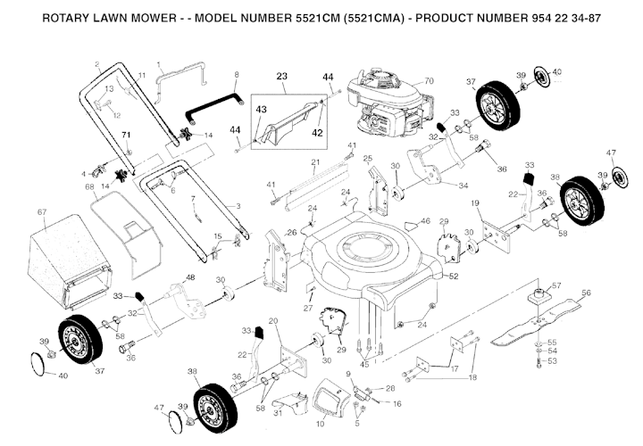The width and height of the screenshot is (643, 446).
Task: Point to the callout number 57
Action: [x=555, y=285]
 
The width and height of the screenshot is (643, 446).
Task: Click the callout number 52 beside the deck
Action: [x=454, y=277]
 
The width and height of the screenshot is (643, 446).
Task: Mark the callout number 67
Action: [x=41, y=211]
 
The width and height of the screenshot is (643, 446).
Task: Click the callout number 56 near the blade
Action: [x=586, y=292]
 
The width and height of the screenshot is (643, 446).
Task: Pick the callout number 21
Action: [x=314, y=162]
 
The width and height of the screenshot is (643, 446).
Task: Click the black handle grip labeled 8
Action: [x=214, y=106]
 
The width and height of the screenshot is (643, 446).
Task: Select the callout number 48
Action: [x=189, y=278]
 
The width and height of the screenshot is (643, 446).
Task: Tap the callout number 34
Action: [x=463, y=186]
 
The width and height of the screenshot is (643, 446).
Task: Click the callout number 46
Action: [x=425, y=220]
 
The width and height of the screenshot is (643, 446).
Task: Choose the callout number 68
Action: [x=89, y=186]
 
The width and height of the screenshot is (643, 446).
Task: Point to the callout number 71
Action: [x=126, y=134]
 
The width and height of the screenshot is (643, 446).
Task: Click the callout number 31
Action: [x=278, y=412]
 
